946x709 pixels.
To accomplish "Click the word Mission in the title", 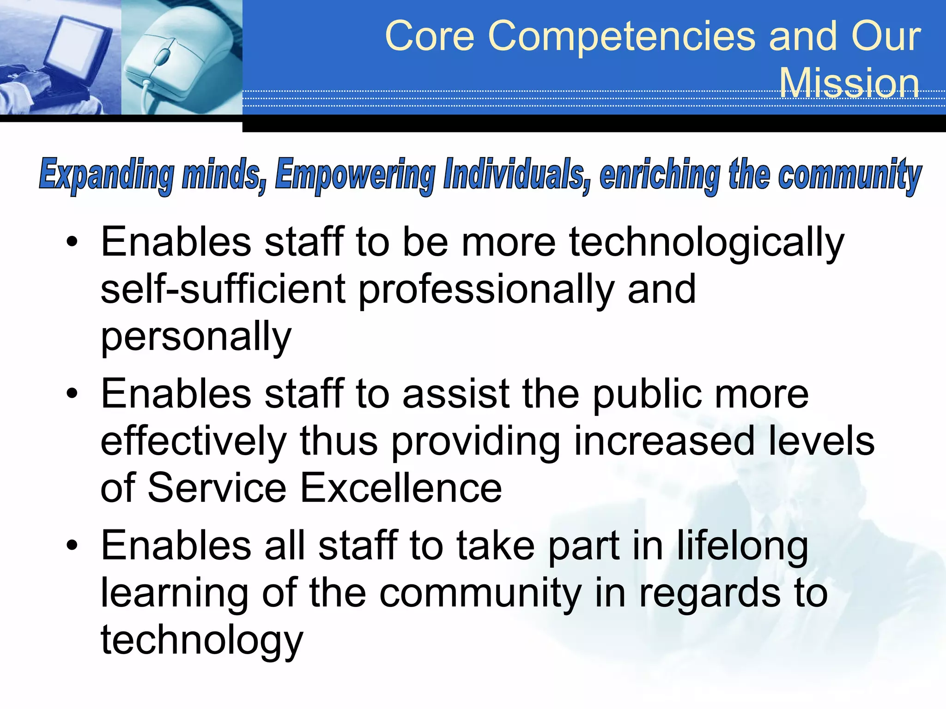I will coord(849,83).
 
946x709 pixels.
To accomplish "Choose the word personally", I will coord(196,337).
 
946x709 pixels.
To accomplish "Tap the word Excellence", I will coord(401,488).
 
